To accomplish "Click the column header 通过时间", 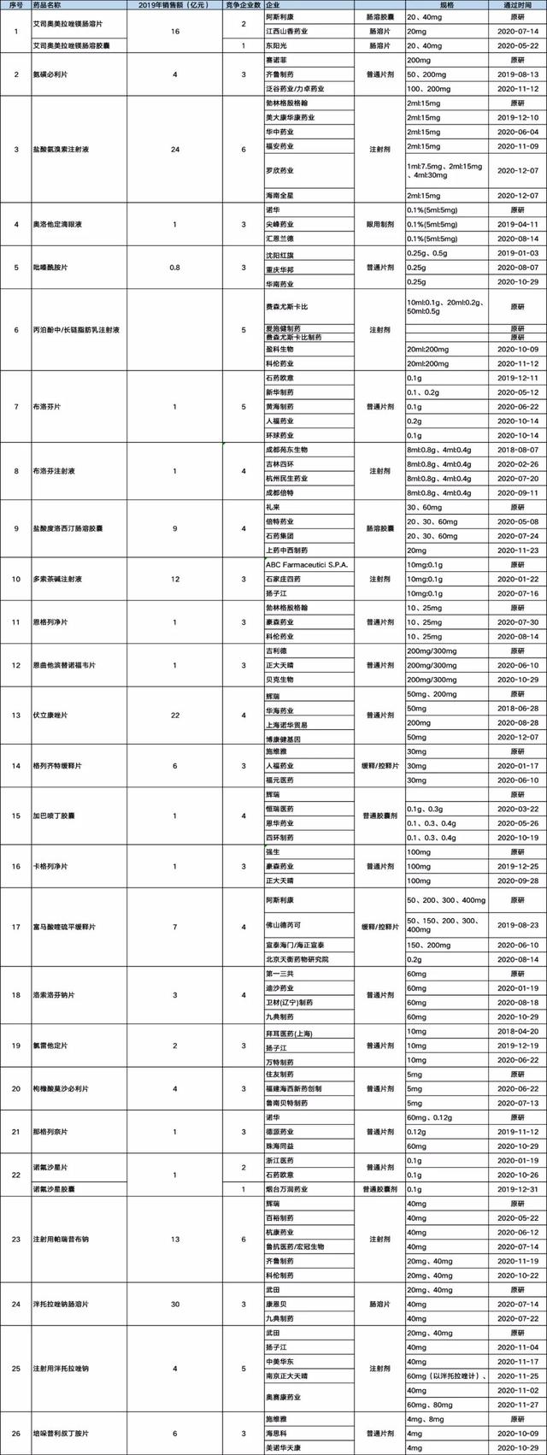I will [517, 5].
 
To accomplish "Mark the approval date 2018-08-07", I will [517, 449].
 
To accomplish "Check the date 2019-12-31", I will [517, 1187].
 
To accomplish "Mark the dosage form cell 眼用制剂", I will [380, 224].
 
